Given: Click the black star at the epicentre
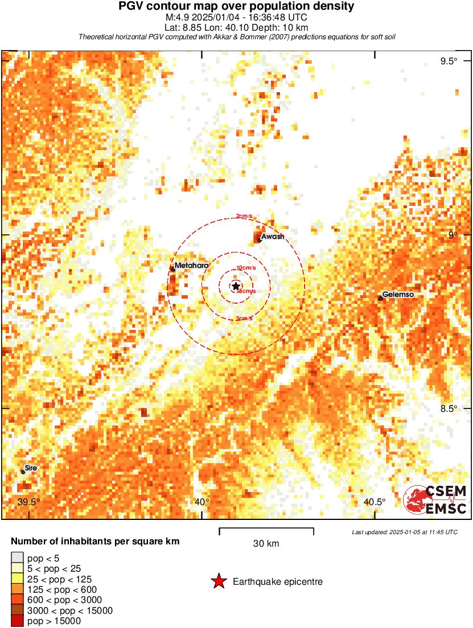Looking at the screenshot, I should pos(236,286).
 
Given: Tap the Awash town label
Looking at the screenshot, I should pos(272,237).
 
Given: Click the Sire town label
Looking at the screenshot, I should pos(31,468).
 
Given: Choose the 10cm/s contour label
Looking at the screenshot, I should pos(246,267).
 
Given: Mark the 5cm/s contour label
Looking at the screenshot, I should pos(244,318).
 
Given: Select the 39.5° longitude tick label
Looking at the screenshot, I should pos(28,502).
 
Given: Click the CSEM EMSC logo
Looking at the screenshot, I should pos(435,499).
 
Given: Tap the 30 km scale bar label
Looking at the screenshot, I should pos(266,544).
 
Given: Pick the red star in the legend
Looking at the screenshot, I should pos(219,581).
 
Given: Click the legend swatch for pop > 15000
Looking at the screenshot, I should pos(17,621).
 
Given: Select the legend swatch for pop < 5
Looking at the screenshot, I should pos(17,557).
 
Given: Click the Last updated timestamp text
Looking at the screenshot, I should pos(405,532).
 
